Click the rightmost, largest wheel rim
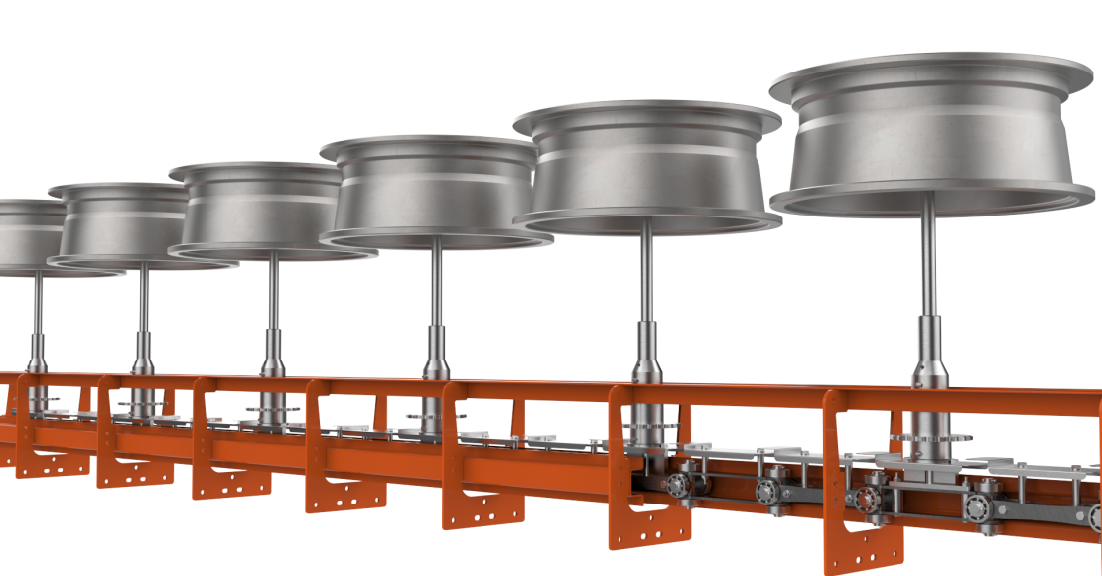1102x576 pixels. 930,139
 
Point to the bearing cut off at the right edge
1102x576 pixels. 1094,516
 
